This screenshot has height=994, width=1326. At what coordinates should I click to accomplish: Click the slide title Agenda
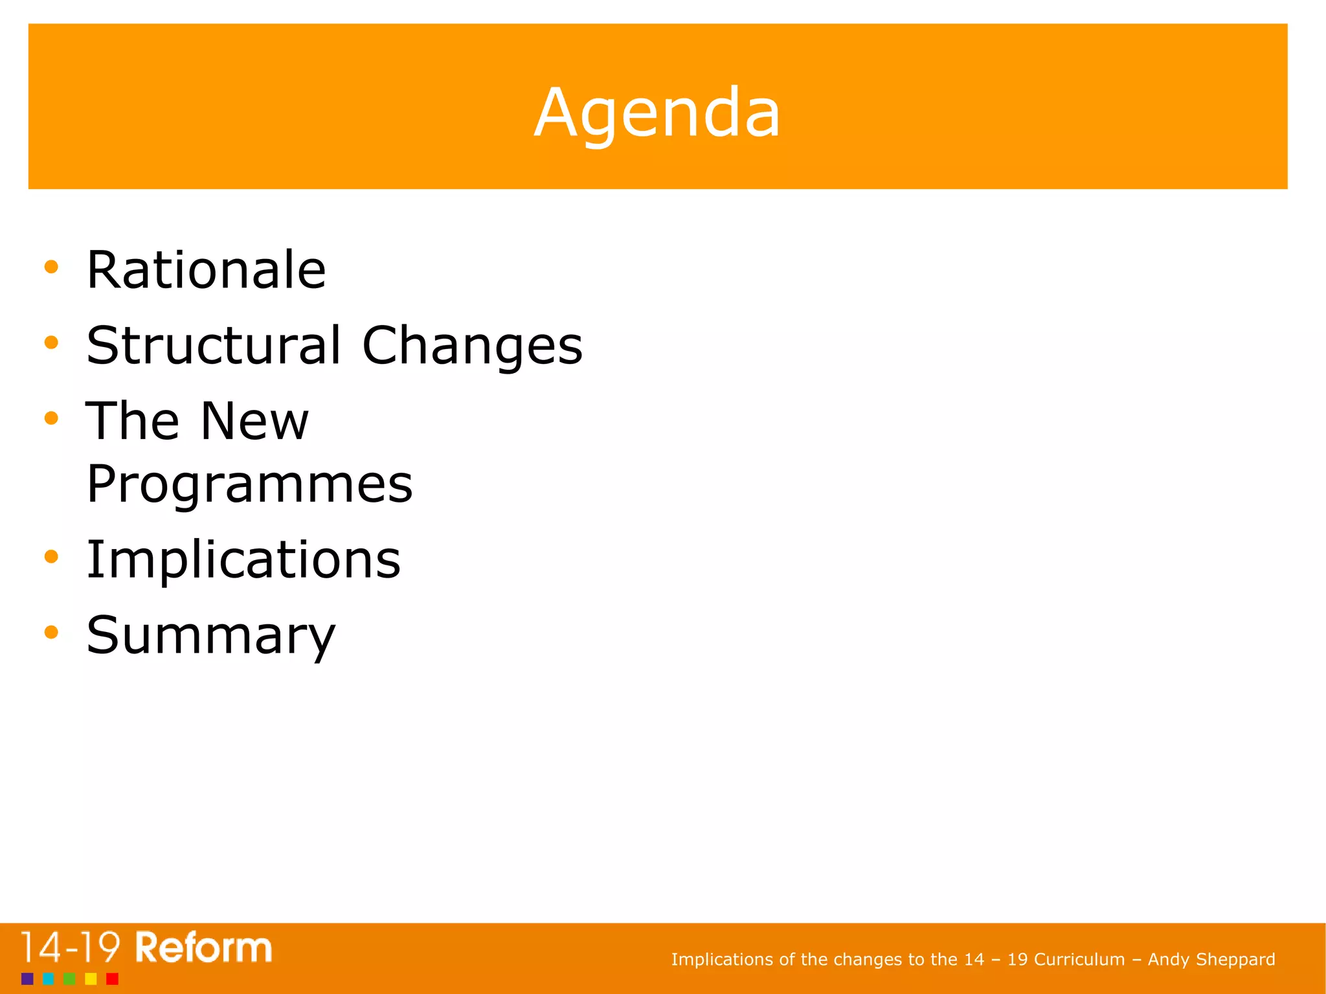click(657, 113)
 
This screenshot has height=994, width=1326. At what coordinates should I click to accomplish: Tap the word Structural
click(214, 345)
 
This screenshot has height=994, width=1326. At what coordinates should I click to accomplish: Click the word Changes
click(472, 346)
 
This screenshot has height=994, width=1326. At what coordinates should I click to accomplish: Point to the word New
click(254, 421)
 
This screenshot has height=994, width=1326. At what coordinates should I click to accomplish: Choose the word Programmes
click(249, 484)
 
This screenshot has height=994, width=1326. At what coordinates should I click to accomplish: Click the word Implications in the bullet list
click(243, 559)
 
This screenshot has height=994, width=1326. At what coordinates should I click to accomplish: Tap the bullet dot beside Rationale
click(51, 267)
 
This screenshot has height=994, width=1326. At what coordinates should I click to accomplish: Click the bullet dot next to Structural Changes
click(51, 343)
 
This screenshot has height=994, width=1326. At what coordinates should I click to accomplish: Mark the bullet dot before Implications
click(51, 556)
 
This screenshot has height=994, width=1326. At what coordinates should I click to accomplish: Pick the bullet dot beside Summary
click(51, 632)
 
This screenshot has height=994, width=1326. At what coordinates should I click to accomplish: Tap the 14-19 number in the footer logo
click(70, 948)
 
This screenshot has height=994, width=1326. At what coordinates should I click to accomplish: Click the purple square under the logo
click(27, 978)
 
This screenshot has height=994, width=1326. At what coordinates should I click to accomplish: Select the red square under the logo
click(112, 978)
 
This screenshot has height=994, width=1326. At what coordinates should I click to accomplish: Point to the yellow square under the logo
click(91, 978)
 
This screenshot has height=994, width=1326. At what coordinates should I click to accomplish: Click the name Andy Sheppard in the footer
click(1211, 959)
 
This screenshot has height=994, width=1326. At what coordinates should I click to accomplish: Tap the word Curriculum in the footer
click(1079, 959)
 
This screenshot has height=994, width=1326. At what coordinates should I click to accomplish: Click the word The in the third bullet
click(132, 421)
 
